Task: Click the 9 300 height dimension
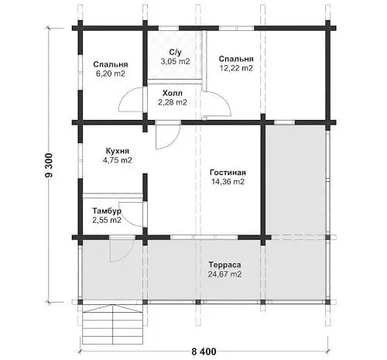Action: (x=49, y=165)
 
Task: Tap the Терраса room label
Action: (x=224, y=265)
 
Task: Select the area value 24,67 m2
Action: (x=224, y=274)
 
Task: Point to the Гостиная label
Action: (x=228, y=172)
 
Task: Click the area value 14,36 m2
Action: (x=228, y=181)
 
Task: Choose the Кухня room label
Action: (x=118, y=151)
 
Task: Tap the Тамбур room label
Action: (x=107, y=211)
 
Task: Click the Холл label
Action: (x=173, y=93)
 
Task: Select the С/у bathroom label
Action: (x=176, y=52)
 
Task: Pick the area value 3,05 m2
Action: (x=175, y=61)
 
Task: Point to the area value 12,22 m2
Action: (x=236, y=68)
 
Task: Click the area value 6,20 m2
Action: (x=111, y=74)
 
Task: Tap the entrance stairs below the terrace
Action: (x=113, y=324)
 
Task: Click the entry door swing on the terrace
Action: (x=122, y=250)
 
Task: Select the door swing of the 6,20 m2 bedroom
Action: (x=132, y=100)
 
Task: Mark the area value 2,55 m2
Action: (x=107, y=220)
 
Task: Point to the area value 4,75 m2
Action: (x=118, y=160)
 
